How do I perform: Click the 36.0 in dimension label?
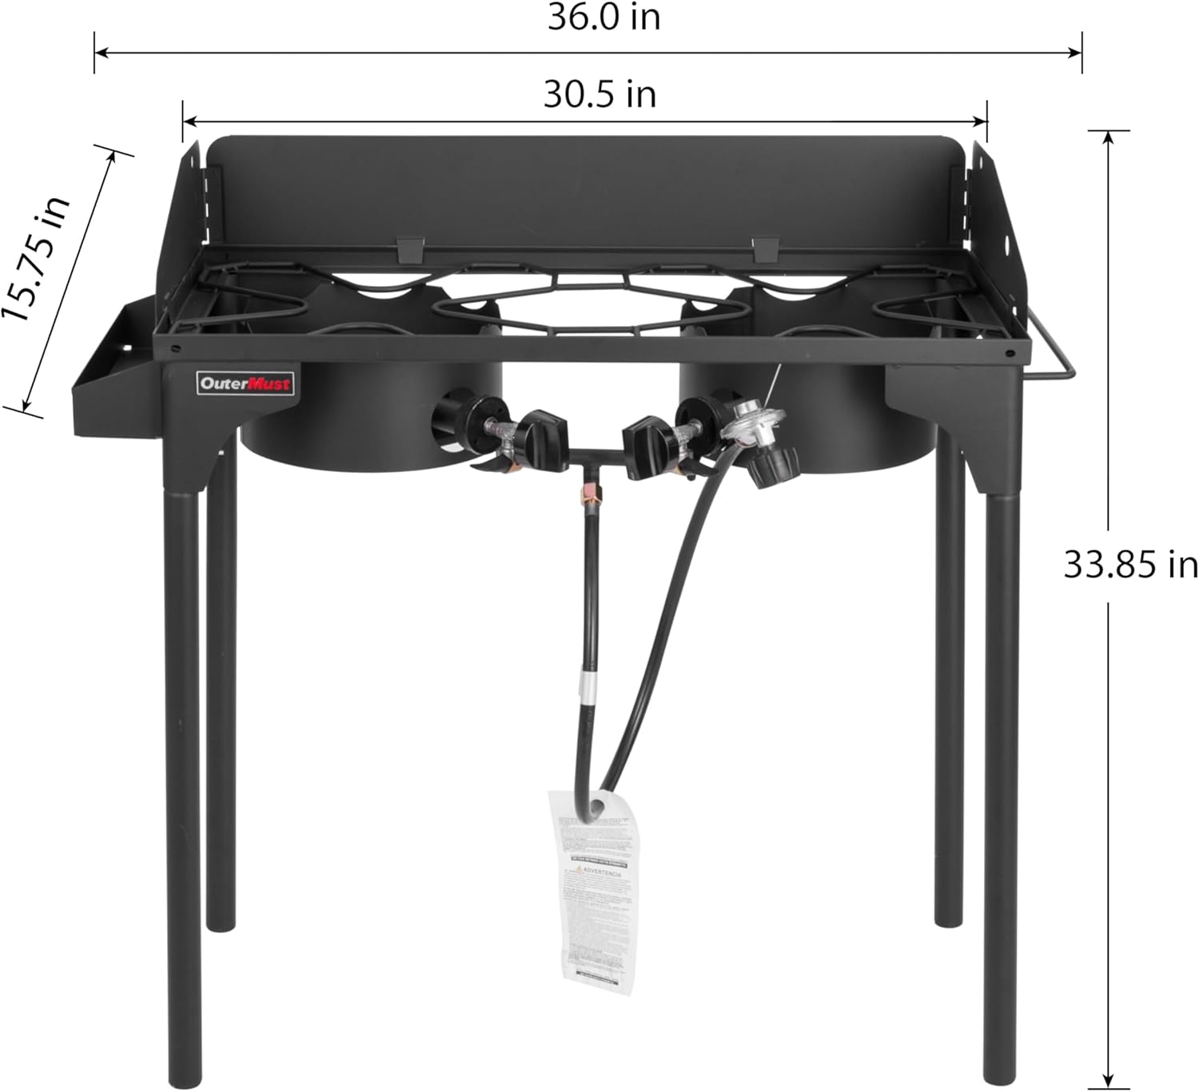click(x=603, y=18)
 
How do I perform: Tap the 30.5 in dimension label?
click(x=599, y=94)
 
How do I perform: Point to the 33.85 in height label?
click(x=1129, y=565)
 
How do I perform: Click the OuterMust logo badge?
click(x=245, y=383)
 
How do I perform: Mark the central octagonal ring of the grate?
click(x=592, y=304)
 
